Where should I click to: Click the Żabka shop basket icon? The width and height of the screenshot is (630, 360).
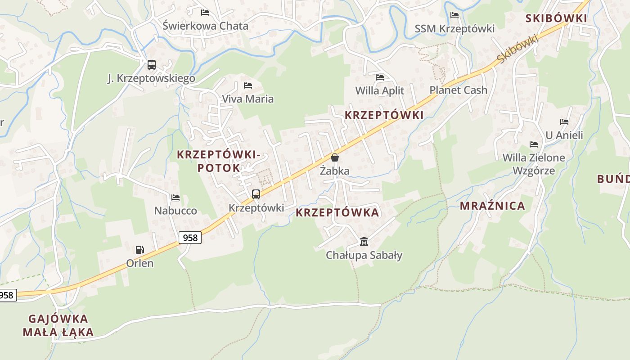(334, 157)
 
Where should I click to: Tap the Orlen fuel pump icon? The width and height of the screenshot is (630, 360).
(140, 249)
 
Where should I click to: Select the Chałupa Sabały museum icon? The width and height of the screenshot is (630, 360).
(364, 242)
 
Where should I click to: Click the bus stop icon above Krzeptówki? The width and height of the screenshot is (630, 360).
(256, 194)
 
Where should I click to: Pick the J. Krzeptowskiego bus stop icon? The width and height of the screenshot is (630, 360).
(152, 65)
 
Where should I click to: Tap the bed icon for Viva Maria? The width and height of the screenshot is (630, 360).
(247, 85)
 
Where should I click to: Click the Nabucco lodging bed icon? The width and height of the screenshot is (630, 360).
(175, 198)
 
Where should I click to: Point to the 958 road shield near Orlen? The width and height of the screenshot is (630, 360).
(190, 238)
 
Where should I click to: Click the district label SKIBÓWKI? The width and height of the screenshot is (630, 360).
(556, 18)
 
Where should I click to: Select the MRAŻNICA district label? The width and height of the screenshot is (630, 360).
(492, 206)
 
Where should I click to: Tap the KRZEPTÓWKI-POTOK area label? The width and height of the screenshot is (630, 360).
(218, 161)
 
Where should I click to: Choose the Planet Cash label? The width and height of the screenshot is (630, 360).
(458, 90)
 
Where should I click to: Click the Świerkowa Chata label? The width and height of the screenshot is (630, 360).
(205, 26)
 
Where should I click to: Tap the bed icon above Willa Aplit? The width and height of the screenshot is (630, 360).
(379, 77)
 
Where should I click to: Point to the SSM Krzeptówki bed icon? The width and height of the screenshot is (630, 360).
(454, 15)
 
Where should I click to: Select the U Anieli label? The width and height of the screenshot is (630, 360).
(564, 135)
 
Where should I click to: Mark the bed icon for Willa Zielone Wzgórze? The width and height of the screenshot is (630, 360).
(534, 144)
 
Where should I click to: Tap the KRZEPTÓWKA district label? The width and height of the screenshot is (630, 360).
(337, 213)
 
